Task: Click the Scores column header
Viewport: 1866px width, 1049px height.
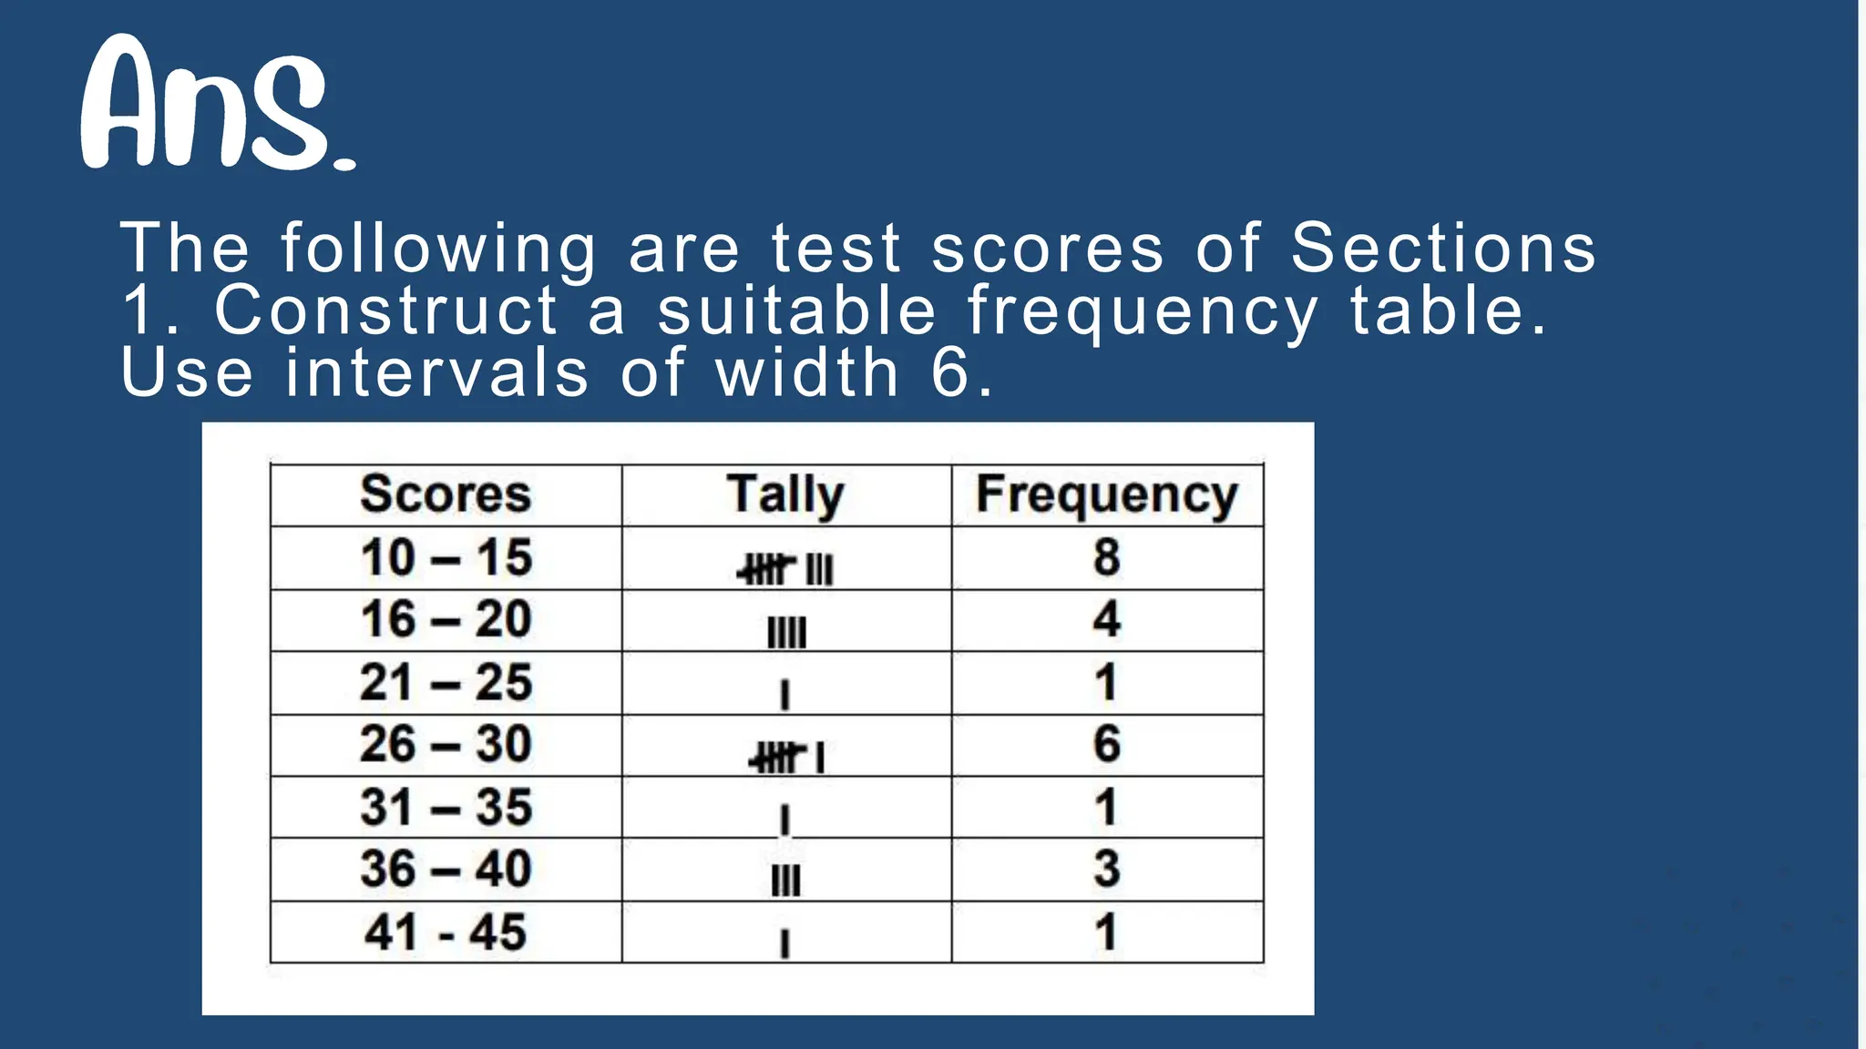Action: [x=446, y=494]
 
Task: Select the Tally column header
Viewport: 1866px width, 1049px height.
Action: [x=785, y=494]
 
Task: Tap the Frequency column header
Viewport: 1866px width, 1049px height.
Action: [x=1107, y=494]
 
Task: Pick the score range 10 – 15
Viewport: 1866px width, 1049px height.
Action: [x=446, y=557]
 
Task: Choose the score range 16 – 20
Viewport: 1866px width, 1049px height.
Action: [x=446, y=619]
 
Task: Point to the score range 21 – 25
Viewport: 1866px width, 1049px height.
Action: [x=446, y=682]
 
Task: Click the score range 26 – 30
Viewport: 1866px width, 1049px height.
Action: [x=446, y=744]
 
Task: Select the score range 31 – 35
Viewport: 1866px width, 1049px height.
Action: [x=446, y=807]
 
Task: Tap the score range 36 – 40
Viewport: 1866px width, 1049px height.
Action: [x=446, y=869]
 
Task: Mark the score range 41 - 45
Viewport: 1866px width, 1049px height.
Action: [x=446, y=932]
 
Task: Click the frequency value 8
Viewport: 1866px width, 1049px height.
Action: [x=1106, y=557]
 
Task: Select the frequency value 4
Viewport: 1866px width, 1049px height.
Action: [x=1106, y=619]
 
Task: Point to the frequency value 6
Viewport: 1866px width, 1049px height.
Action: [x=1106, y=744]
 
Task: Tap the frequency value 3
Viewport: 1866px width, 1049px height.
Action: [x=1106, y=869]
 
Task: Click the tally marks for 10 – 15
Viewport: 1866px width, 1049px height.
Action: [x=785, y=570]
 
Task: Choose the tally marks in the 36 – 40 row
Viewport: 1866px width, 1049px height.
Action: [x=785, y=881]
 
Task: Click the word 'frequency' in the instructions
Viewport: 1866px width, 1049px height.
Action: [x=1143, y=312]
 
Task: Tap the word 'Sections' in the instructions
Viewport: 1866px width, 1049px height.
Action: [x=1443, y=248]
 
